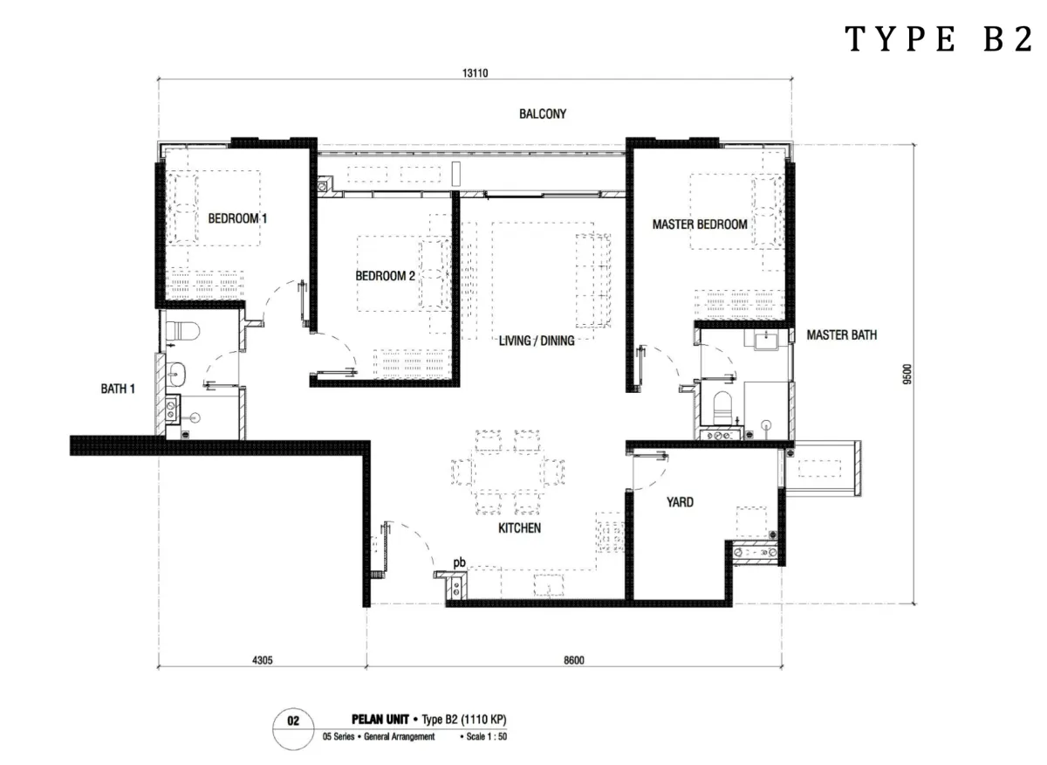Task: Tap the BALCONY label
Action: click(542, 114)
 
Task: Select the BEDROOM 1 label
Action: click(237, 218)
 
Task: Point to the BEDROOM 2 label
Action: click(385, 276)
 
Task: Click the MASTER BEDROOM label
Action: click(700, 224)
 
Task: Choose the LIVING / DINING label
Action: click(537, 341)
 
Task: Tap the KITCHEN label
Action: click(519, 528)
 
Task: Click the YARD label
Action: click(680, 502)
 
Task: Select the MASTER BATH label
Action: click(841, 335)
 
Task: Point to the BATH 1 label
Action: click(118, 389)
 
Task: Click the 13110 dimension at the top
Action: click(475, 73)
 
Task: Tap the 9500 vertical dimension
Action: click(907, 375)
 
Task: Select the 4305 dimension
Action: click(263, 660)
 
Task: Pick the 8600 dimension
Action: click(574, 660)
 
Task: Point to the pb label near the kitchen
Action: click(460, 563)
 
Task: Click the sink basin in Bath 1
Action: click(176, 375)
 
